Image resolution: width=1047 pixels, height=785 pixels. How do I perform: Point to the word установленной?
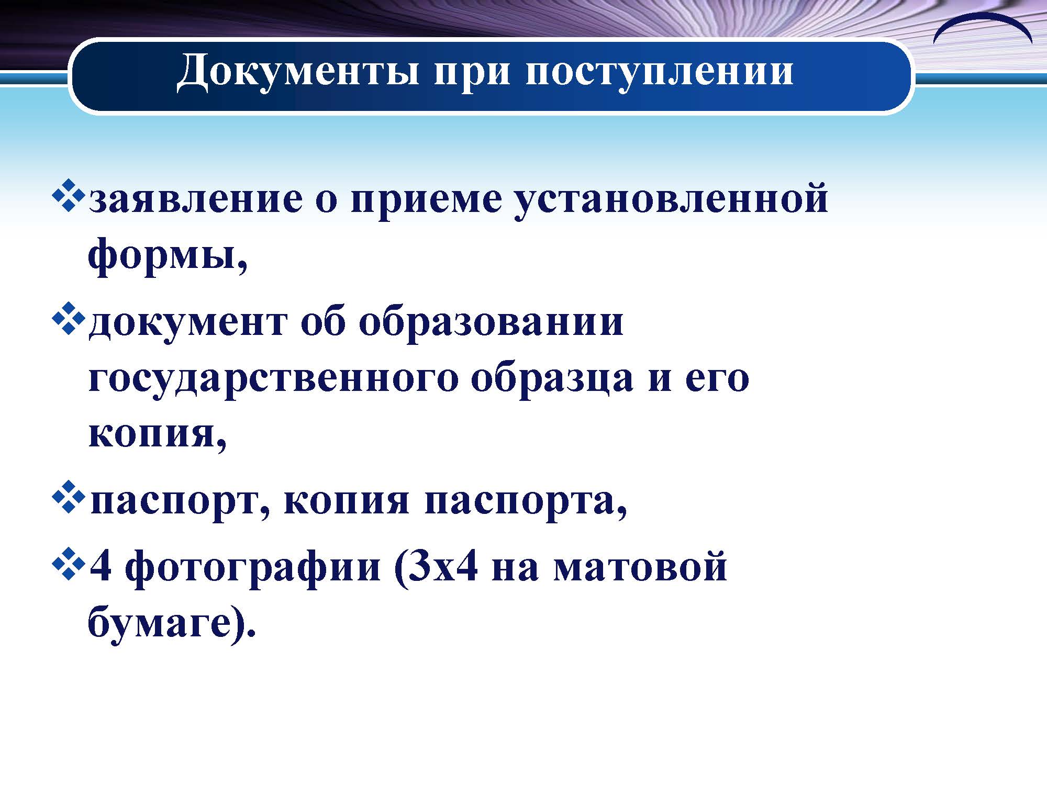click(x=672, y=200)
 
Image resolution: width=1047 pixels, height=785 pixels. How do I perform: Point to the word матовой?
click(x=640, y=566)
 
